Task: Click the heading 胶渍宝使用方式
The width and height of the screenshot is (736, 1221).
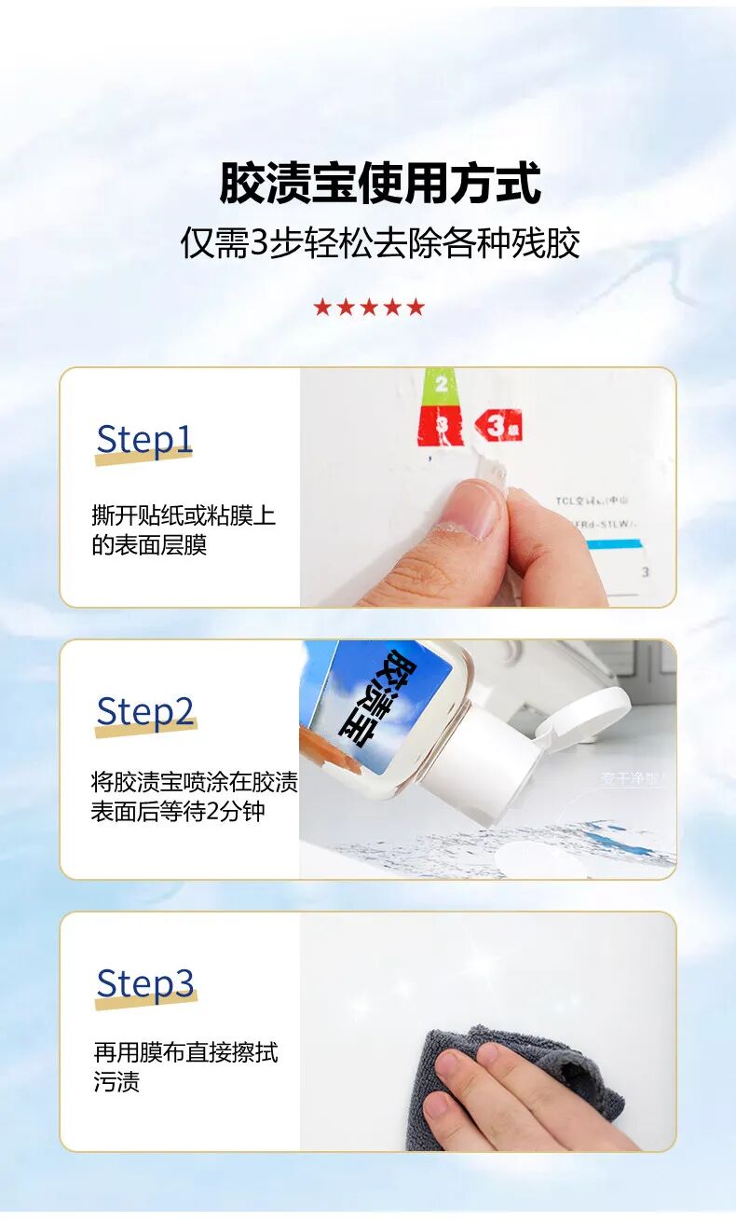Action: pyautogui.click(x=379, y=183)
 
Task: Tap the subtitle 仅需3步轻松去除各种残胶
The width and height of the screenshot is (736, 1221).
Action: pyautogui.click(x=379, y=243)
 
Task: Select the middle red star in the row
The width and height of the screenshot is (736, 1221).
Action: pyautogui.click(x=369, y=308)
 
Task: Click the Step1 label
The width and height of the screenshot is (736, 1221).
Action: pyautogui.click(x=143, y=439)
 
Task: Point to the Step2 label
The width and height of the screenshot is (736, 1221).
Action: pyautogui.click(x=145, y=712)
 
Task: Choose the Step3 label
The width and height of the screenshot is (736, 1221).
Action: pyautogui.click(x=145, y=983)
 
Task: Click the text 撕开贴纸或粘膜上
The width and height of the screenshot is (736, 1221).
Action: pyautogui.click(x=184, y=515)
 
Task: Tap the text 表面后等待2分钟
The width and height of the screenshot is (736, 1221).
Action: pyautogui.click(x=178, y=811)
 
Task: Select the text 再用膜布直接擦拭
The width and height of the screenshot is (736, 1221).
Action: pyautogui.click(x=185, y=1053)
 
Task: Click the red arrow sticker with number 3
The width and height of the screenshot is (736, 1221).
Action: pyautogui.click(x=498, y=426)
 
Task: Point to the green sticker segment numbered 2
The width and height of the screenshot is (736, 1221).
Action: pyautogui.click(x=441, y=383)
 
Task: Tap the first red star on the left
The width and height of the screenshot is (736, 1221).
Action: pyautogui.click(x=322, y=308)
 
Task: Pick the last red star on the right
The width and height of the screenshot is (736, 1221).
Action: pyautogui.click(x=416, y=308)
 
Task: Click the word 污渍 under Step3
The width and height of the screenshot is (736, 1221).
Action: pyautogui.click(x=116, y=1083)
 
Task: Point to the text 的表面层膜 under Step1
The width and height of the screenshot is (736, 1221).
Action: pyautogui.click(x=149, y=545)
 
